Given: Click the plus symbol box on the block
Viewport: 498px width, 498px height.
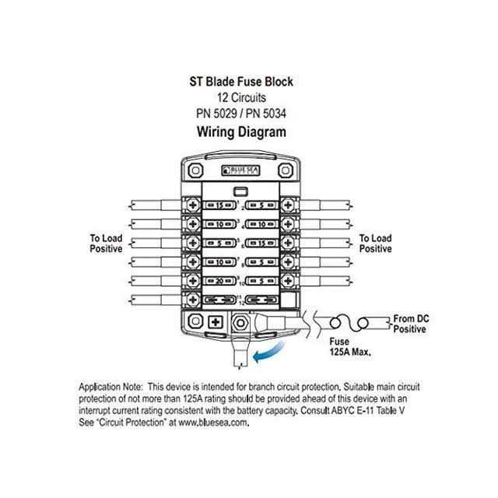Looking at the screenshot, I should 216,320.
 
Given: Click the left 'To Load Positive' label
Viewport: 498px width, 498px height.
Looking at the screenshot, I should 106,244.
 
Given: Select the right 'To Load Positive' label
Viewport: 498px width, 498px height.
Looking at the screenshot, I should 375,244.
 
